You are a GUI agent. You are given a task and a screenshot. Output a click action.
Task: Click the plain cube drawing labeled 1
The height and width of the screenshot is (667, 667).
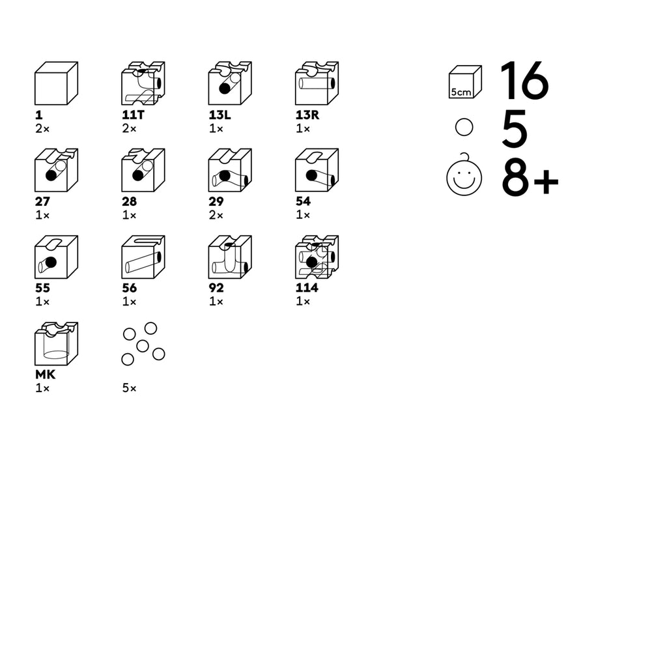pyautogui.click(x=56, y=83)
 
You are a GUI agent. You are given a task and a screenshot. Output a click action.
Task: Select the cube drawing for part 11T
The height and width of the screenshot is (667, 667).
pyautogui.click(x=143, y=83)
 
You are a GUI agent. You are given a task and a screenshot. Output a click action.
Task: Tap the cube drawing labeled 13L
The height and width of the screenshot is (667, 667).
pyautogui.click(x=230, y=83)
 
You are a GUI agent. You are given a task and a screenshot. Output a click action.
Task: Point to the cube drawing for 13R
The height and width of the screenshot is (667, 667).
pyautogui.click(x=317, y=83)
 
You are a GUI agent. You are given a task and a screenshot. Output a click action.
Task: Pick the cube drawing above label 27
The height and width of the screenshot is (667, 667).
pyautogui.click(x=56, y=170)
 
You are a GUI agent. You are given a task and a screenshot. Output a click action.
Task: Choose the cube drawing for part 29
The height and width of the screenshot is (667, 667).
pyautogui.click(x=230, y=170)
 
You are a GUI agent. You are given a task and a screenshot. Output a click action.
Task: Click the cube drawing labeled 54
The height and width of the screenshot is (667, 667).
pyautogui.click(x=317, y=170)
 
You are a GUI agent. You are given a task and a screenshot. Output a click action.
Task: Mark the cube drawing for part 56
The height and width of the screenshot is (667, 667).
pyautogui.click(x=143, y=257)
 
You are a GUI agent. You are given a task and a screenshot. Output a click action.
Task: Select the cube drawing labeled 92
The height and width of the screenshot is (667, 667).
pyautogui.click(x=230, y=257)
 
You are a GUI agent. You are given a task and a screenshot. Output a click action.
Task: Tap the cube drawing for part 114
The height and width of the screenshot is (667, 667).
pyautogui.click(x=317, y=257)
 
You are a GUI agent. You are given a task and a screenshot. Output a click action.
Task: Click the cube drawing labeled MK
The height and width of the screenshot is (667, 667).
pyautogui.click(x=56, y=344)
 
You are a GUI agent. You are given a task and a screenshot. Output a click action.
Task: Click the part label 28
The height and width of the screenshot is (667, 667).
pyautogui.click(x=130, y=202)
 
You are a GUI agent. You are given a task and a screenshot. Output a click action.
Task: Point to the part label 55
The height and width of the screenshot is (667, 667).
pyautogui.click(x=42, y=289)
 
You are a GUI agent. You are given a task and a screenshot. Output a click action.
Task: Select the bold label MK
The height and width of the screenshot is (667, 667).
pyautogui.click(x=45, y=375)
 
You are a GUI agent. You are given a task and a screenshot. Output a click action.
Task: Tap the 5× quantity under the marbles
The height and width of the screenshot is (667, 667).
pyautogui.click(x=130, y=388)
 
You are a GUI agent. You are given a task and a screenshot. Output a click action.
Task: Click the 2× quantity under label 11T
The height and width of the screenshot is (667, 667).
pyautogui.click(x=130, y=128)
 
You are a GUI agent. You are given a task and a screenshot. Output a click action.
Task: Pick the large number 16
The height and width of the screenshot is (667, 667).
pyautogui.click(x=524, y=81)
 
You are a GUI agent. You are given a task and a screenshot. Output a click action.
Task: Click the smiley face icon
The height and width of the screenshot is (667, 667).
pyautogui.click(x=464, y=176)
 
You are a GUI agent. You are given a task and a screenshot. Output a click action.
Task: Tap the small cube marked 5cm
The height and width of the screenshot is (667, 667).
pyautogui.click(x=465, y=82)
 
